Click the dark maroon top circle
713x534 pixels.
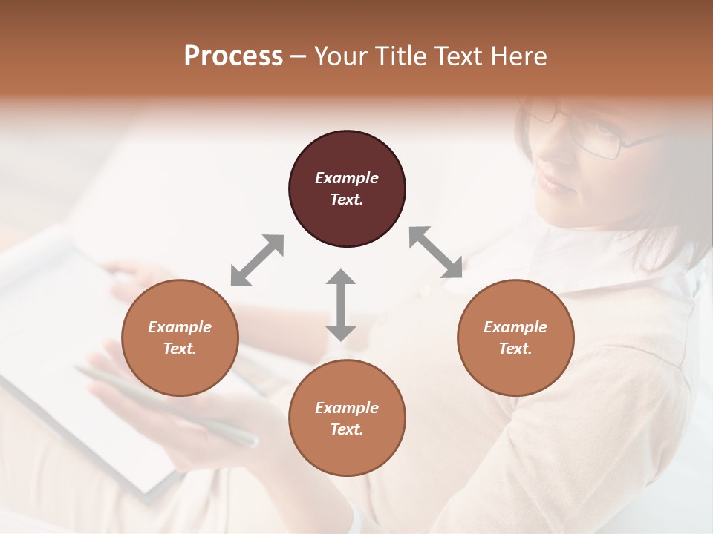347,189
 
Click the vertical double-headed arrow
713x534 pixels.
341,305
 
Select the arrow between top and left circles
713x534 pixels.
257,260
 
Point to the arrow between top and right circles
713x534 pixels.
435,253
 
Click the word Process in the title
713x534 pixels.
233,56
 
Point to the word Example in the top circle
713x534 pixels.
347,178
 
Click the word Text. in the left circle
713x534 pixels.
180,349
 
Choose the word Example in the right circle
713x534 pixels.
515,327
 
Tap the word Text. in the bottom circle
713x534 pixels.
347,429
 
